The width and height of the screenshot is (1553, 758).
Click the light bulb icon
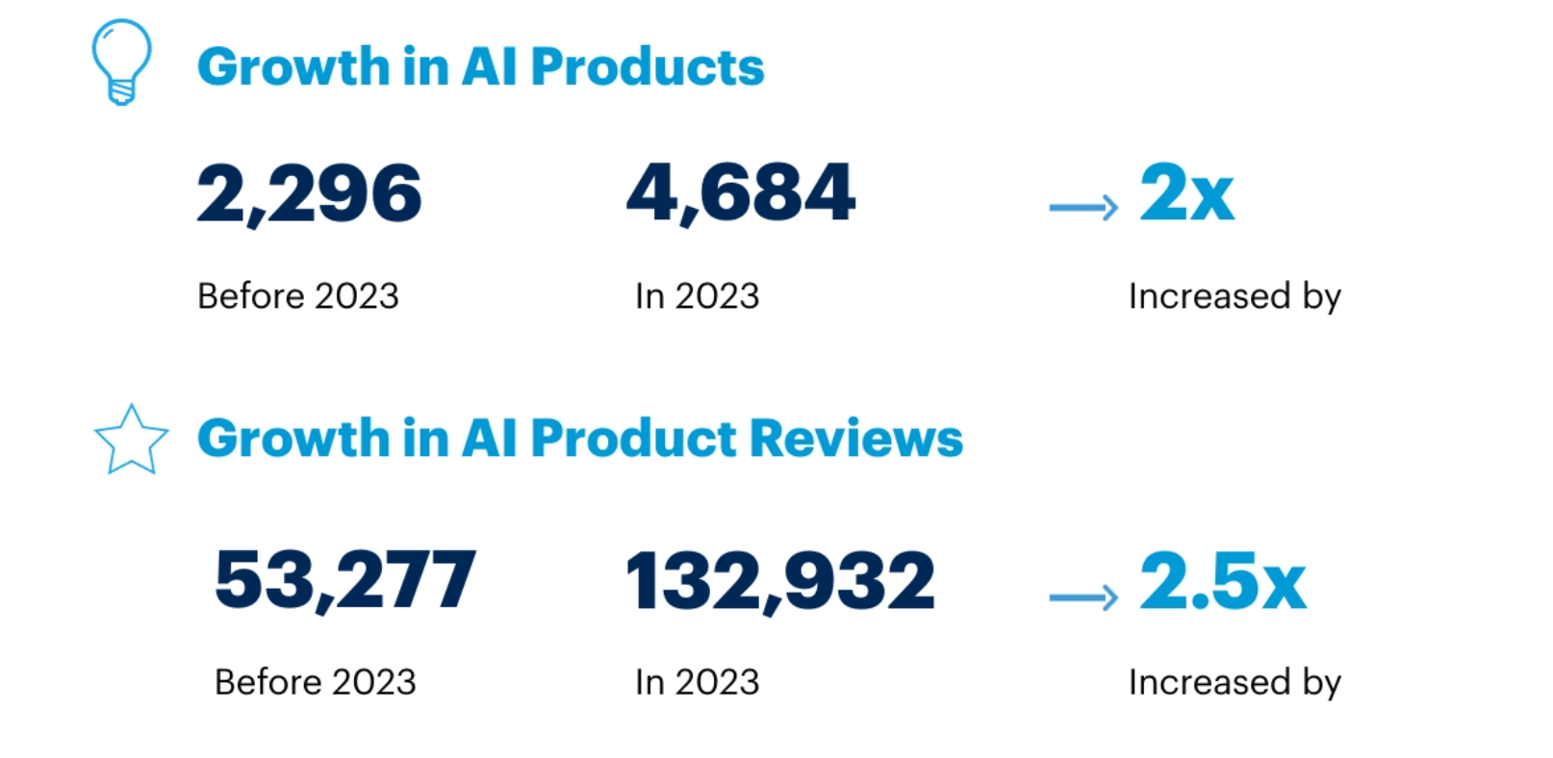[x=121, y=62]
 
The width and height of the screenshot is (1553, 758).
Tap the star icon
[x=131, y=441]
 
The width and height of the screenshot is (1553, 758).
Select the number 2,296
[x=309, y=193]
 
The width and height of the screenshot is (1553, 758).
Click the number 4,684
[x=740, y=193]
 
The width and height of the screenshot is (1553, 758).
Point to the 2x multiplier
[x=1186, y=193]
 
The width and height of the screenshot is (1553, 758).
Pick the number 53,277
[x=344, y=580]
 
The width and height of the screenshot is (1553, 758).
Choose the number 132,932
[x=779, y=581]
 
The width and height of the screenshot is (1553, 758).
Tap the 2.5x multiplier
[x=1222, y=581]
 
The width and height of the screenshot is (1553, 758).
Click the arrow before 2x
[x=1083, y=207]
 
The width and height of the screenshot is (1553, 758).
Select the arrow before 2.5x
[x=1083, y=597]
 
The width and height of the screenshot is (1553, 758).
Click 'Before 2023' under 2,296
[x=297, y=296]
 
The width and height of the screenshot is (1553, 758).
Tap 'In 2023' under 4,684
[x=697, y=296]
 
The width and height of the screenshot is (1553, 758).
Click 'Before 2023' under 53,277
[x=315, y=682]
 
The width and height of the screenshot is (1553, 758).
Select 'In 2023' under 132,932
[x=697, y=682]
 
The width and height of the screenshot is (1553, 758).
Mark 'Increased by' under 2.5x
[x=1235, y=683]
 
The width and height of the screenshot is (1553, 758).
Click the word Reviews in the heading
[x=855, y=439]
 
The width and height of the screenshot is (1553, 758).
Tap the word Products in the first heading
[x=647, y=67]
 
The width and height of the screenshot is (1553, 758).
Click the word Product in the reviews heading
[x=633, y=439]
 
